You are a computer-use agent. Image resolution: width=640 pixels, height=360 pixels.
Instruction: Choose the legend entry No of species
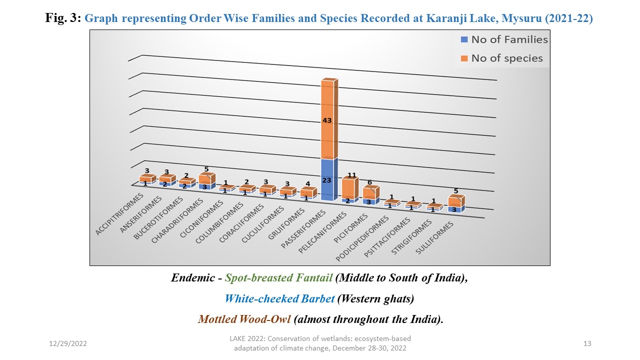tap(501, 58)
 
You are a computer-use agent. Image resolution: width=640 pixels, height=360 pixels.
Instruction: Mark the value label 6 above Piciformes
tap(370, 182)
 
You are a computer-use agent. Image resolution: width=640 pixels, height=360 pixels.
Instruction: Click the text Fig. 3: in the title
tap(63, 19)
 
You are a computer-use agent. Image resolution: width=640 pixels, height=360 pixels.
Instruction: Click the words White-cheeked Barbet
tap(279, 298)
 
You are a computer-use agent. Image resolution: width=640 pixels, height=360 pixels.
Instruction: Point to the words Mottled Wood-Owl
tap(244, 319)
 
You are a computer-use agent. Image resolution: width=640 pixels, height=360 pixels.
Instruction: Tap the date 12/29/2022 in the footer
tap(68, 343)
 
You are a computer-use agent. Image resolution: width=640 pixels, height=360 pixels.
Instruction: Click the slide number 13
tap(587, 343)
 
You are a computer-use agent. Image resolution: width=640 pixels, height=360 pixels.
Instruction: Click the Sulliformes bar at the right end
tap(455, 203)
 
